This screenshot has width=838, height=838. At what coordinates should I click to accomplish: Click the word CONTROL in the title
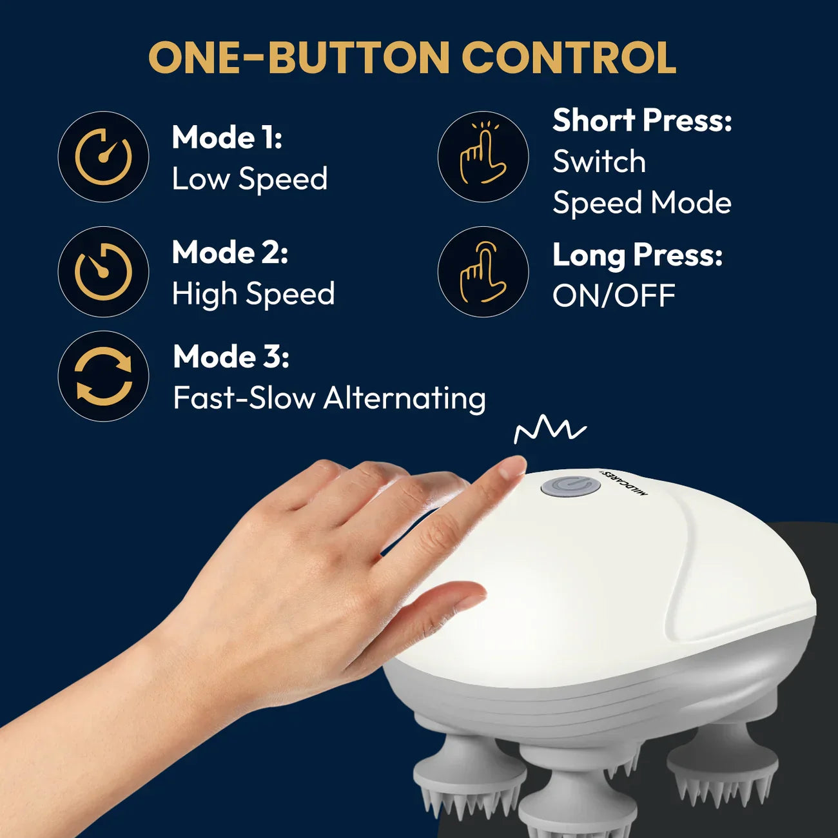(x=569, y=58)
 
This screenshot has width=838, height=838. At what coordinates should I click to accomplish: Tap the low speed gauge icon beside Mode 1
(x=103, y=157)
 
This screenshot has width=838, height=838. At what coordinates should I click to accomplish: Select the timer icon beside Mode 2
(x=103, y=271)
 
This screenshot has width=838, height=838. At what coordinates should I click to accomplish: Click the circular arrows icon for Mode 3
(x=103, y=376)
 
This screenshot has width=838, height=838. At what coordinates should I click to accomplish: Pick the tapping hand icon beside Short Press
(x=483, y=157)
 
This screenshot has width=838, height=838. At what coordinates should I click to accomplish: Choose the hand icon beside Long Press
(x=483, y=271)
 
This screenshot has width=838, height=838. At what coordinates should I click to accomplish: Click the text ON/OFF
(x=613, y=297)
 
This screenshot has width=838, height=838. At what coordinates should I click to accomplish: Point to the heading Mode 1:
(x=227, y=137)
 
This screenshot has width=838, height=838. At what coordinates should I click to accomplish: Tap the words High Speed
(x=253, y=294)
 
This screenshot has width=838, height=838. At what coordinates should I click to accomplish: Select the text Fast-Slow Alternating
(x=329, y=398)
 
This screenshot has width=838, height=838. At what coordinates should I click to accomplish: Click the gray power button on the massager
(x=570, y=485)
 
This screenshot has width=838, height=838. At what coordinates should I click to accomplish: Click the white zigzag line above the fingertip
(x=550, y=429)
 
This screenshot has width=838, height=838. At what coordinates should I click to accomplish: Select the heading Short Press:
(x=642, y=121)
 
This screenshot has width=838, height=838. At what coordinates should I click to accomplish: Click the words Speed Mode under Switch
(x=642, y=203)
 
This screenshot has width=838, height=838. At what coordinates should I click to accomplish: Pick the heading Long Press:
(x=638, y=255)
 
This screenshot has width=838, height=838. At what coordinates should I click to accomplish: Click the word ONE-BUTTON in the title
(x=299, y=58)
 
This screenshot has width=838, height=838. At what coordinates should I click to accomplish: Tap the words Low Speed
(x=249, y=179)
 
